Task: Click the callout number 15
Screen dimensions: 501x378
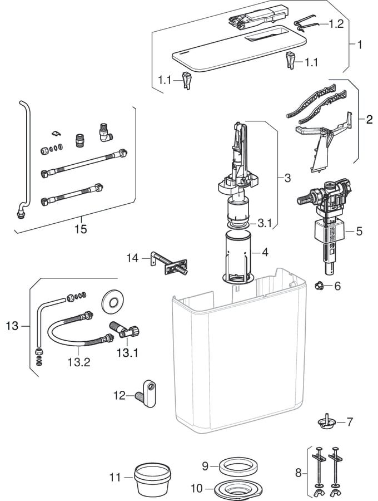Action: (x=81, y=229)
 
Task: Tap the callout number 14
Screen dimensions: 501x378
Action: (x=132, y=258)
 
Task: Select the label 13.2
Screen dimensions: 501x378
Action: (x=78, y=362)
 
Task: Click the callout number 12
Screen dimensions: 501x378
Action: (x=120, y=396)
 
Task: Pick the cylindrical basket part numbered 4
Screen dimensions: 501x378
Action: (x=238, y=257)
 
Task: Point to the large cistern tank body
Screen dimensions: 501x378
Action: (x=239, y=362)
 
